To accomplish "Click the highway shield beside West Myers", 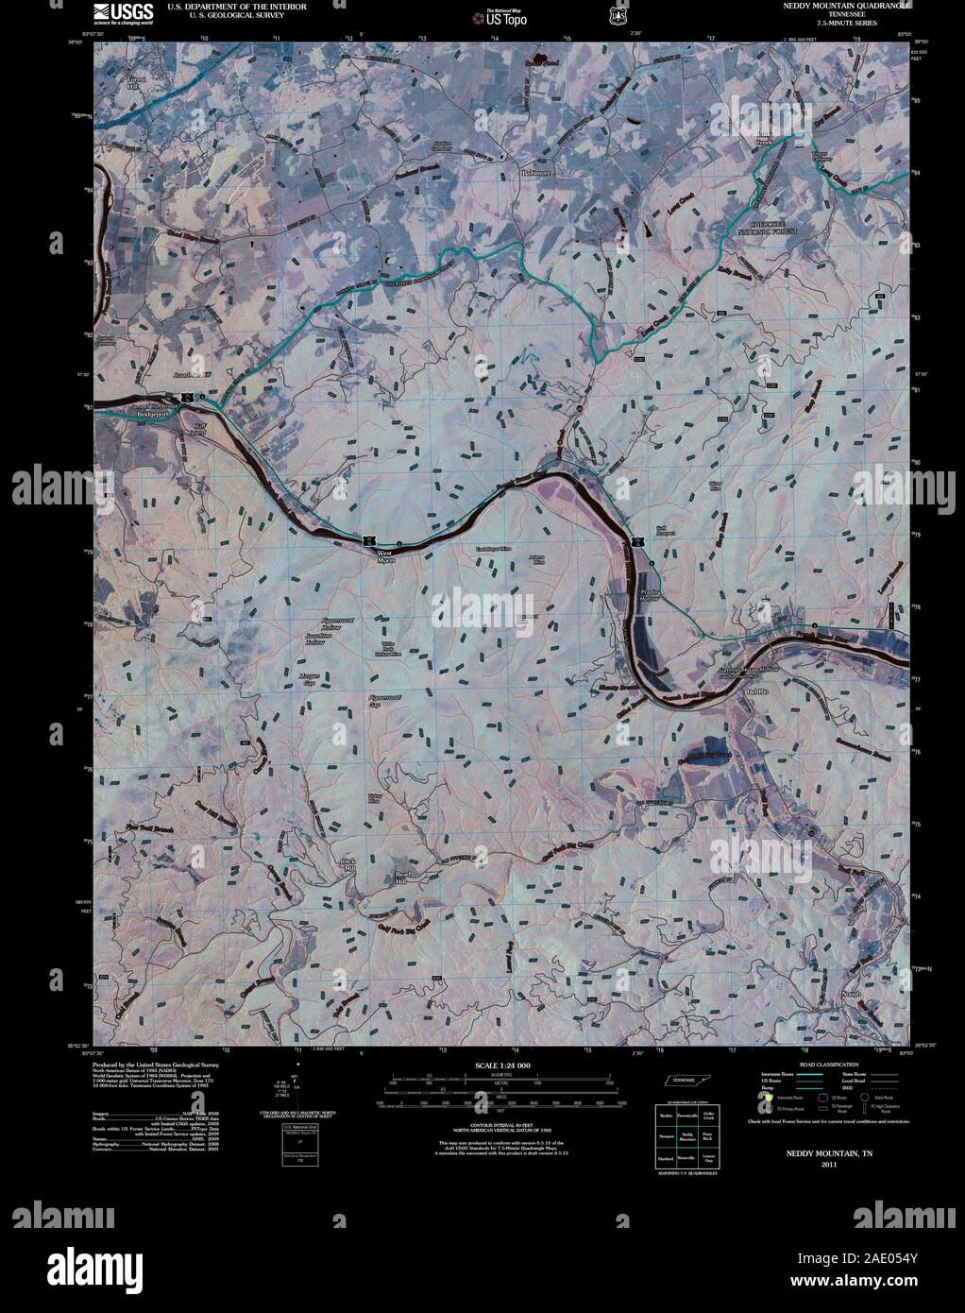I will (364, 538).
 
